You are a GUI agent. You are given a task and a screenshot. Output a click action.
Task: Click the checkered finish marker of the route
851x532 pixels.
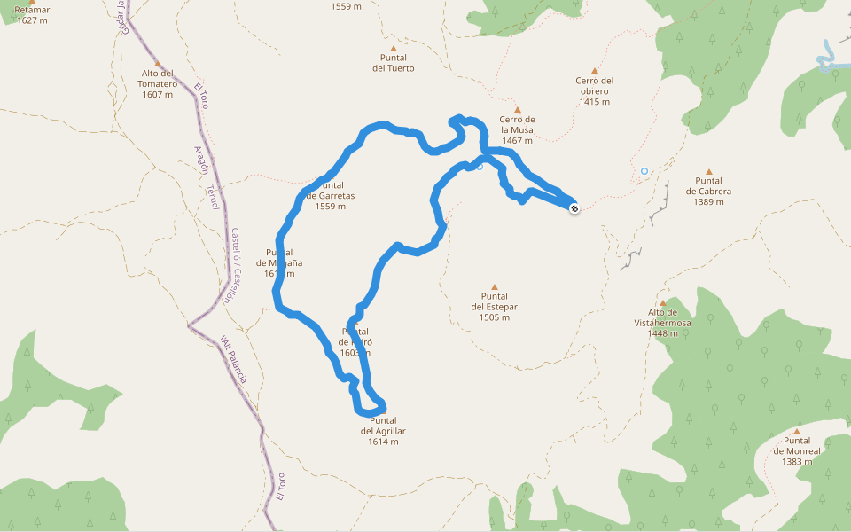[x=574, y=208]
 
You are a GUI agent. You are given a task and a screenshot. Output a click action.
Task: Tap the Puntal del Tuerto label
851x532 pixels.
[x=393, y=62]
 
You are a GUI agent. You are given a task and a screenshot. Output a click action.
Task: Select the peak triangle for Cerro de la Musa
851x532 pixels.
[x=518, y=110]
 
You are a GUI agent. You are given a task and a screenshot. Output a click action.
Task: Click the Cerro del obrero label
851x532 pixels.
[x=594, y=85]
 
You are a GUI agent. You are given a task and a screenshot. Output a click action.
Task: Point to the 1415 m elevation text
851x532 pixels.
[x=594, y=102]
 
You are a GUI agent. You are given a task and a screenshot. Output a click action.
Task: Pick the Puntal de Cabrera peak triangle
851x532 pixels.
[x=708, y=171]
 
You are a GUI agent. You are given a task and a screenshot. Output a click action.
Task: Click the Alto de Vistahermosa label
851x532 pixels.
[x=662, y=317]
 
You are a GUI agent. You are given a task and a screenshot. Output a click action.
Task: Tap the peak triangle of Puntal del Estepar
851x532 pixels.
[x=495, y=287]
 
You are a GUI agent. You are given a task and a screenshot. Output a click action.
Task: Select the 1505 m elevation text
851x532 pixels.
[x=495, y=317]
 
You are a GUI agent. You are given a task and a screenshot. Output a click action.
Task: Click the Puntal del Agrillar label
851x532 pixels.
[x=383, y=426]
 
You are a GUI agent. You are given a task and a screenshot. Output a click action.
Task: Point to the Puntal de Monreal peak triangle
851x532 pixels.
[x=796, y=431]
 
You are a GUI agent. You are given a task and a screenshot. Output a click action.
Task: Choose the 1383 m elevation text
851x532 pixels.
[x=796, y=461]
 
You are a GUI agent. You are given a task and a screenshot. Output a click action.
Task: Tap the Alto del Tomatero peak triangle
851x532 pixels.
[x=158, y=64]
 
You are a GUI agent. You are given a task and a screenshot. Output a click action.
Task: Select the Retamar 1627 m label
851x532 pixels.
[x=32, y=14]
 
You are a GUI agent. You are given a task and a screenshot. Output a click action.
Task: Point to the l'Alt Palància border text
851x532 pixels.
[x=233, y=359]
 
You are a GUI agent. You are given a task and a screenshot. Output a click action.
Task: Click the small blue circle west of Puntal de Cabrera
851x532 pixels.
[x=644, y=170]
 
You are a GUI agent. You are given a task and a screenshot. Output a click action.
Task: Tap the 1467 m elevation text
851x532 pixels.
[x=517, y=140]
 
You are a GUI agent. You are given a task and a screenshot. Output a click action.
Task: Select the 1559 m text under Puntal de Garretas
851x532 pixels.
[x=330, y=207]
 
